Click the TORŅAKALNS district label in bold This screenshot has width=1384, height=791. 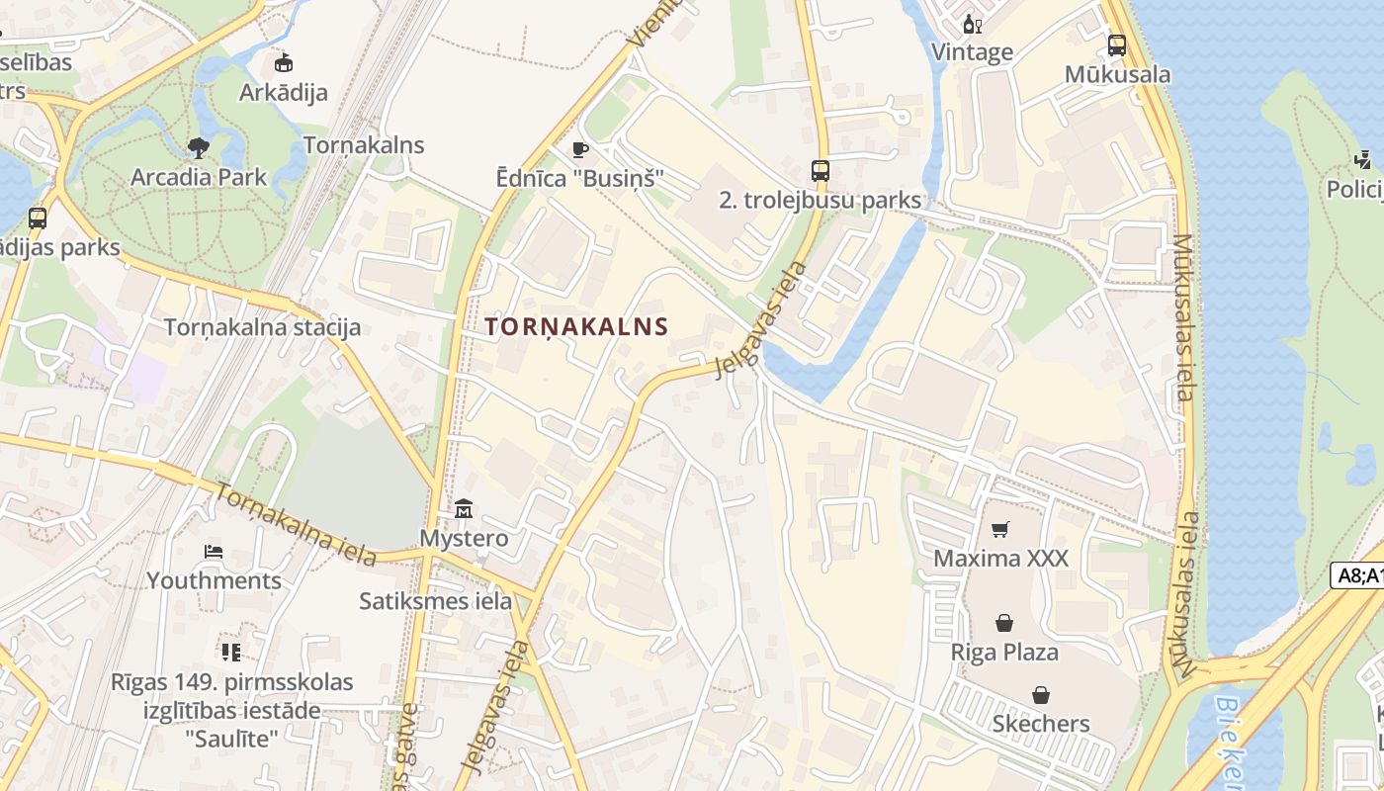point(577,326)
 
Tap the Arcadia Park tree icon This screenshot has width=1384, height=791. point(199,148)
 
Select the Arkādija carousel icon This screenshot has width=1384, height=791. point(284,63)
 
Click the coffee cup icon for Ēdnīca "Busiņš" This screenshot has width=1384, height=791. point(580,149)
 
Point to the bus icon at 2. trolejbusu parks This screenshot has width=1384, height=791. point(821,170)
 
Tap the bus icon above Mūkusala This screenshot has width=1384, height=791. point(1117,44)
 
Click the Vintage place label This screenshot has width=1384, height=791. point(973,52)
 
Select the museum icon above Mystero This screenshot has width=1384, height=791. point(464,510)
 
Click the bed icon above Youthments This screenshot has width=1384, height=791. point(214,551)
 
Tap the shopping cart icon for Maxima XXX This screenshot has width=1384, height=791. point(1000,530)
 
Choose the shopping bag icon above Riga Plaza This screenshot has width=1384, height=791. point(1004,623)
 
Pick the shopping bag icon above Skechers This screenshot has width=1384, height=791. point(1040,695)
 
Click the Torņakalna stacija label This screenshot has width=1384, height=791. point(262,327)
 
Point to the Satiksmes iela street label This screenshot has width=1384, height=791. point(436,600)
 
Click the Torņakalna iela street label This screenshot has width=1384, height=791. point(296,525)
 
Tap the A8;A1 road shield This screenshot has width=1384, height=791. point(1358,575)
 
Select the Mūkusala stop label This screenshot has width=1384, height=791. point(1117,75)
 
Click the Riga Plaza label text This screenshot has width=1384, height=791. point(1004,653)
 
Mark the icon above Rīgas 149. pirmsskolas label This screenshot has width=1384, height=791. point(231,652)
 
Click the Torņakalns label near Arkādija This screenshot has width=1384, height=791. point(364,145)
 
